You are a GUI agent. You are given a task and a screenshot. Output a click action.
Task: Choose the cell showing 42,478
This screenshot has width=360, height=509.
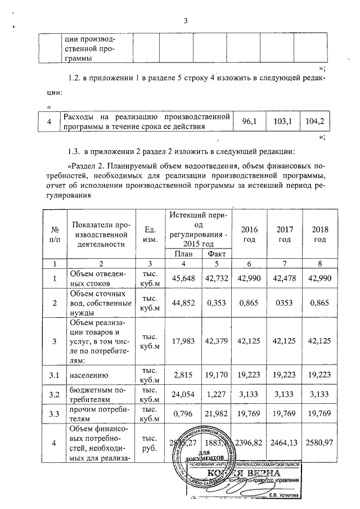point(285,278)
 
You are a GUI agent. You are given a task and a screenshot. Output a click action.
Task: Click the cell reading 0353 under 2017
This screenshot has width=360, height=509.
point(285,302)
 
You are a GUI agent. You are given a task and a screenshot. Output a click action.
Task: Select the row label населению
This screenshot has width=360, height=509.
point(88,373)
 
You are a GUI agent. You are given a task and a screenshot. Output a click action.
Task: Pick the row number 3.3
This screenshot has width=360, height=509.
point(55,416)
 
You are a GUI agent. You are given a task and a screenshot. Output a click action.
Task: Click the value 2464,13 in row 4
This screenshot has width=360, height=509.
point(285,443)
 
